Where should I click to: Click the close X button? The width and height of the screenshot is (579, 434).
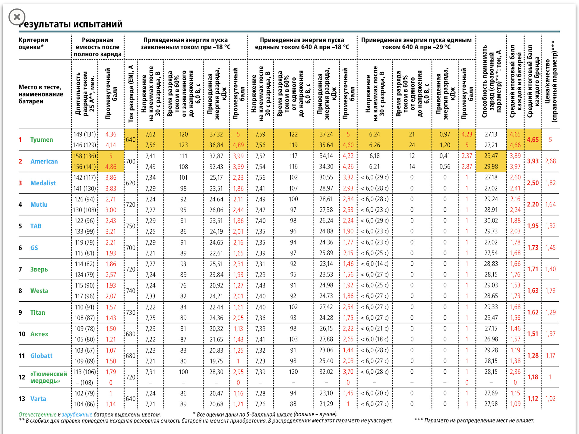17,17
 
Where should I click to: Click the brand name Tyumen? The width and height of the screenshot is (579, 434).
41,140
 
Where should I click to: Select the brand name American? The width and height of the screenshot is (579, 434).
44,161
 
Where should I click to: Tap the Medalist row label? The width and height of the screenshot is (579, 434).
43,183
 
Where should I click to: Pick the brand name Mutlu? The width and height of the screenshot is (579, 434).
39,205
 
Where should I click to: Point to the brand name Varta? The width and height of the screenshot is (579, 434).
38,399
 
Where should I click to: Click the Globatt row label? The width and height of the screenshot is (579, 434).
41,356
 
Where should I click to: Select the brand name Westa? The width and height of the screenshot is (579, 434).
39,291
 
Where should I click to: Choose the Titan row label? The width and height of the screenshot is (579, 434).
38,313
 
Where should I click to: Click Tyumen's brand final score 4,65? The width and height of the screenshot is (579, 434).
533,140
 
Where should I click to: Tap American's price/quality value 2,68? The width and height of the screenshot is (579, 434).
550,161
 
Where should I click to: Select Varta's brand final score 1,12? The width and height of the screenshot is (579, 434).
533,398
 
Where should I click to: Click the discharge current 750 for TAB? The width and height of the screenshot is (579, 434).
131,226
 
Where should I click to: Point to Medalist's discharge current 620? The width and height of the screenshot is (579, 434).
131,183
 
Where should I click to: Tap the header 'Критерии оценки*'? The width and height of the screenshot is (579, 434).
33,43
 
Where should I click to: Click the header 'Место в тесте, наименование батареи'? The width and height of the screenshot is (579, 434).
41,94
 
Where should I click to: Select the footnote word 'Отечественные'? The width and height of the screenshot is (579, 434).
37,414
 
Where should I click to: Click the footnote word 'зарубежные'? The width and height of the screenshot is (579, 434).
77,414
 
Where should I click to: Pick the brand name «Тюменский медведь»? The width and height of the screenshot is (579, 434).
49,377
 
